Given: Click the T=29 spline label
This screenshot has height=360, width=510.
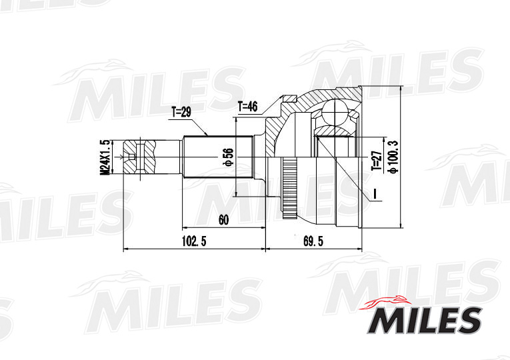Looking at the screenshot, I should click(181, 113).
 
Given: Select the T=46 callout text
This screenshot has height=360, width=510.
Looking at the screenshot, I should click(247, 106).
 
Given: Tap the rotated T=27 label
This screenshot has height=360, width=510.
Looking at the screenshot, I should click(375, 161).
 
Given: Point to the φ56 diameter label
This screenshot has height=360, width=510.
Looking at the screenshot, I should click(227, 157).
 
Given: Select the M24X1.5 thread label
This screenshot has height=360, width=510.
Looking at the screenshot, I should click(105, 158).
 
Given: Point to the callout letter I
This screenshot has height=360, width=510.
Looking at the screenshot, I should click(375, 194).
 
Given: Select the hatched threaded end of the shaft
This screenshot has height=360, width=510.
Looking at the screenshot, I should click(143, 157).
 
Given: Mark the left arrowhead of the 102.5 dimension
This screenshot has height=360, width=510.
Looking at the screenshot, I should click(126, 250).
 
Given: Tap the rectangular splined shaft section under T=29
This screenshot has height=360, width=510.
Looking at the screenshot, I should click(217, 157).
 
